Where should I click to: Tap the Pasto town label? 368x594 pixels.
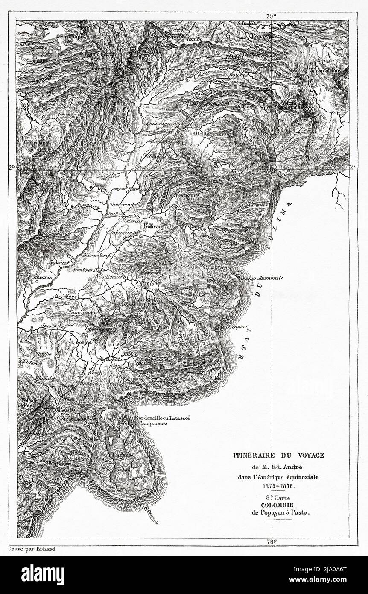pos(66,409)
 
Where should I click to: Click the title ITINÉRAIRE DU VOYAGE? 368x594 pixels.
pos(278,456)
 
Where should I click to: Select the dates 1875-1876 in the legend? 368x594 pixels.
pos(278,486)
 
